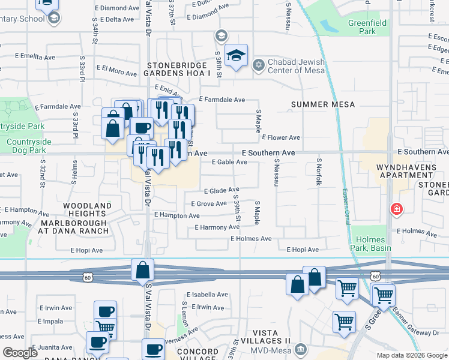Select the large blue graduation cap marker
click(237, 56)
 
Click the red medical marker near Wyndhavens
click(396, 209)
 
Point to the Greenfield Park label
click(368, 28)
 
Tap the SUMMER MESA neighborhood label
click(323, 104)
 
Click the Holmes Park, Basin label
click(370, 243)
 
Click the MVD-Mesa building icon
click(301, 349)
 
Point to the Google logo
click(20, 352)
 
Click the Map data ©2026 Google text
click(411, 355)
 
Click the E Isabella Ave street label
click(207, 295)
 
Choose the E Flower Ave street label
click(281, 137)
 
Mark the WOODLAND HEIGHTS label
click(88, 209)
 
